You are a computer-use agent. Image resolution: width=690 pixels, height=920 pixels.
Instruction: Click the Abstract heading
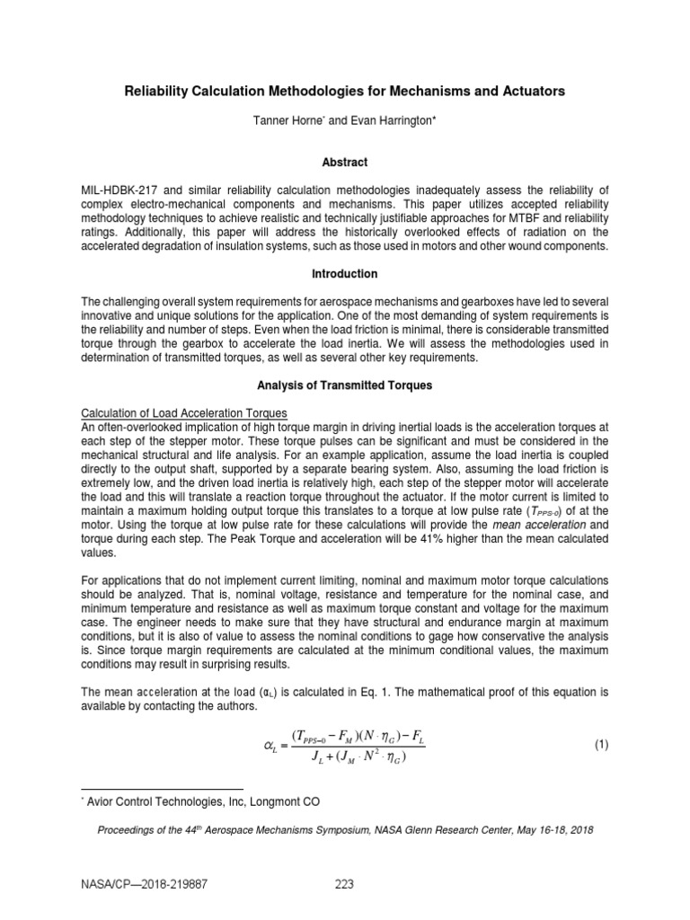pos(345,163)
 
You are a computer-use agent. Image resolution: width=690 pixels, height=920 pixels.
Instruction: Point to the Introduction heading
pos(345,273)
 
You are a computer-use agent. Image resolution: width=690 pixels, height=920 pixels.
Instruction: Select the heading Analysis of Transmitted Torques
pos(345,385)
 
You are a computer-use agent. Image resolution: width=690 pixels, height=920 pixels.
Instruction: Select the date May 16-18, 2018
pos(550,830)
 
